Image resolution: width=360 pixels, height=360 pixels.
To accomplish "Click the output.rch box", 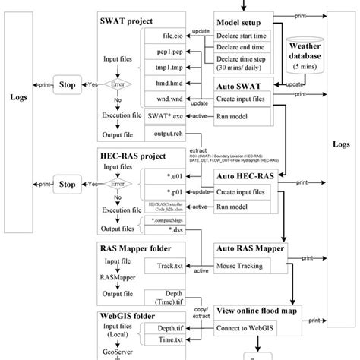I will (166, 134).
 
